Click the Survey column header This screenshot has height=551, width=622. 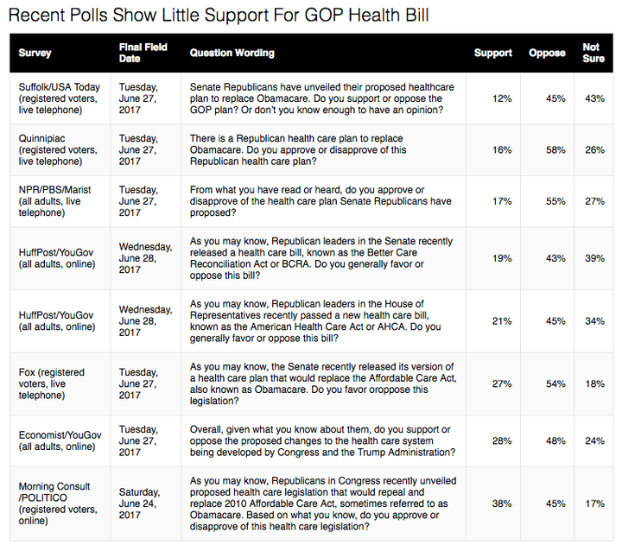pos(35,53)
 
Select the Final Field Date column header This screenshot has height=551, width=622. pos(143,53)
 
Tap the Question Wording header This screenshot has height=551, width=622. pos(232,53)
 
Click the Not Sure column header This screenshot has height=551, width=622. pos(593,53)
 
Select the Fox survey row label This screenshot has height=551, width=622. pos(52,383)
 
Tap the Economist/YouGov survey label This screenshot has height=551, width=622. pos(60,440)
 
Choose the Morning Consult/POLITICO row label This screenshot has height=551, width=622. pos(58,503)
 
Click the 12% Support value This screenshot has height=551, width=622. pos(502,98)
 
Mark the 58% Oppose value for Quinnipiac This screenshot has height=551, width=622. pos(555,150)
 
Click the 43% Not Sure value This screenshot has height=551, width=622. pos(594,98)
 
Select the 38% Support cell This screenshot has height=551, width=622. pos(502,503)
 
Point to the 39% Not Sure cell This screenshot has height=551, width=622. pos(594,258)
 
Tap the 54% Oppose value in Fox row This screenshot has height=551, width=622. pos(555,383)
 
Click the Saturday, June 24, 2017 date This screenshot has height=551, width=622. pos(139,503)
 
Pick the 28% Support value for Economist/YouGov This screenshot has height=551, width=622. pos(502,440)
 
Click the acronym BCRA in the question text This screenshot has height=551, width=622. pos(295,264)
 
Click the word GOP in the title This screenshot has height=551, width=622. pos(324,15)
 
